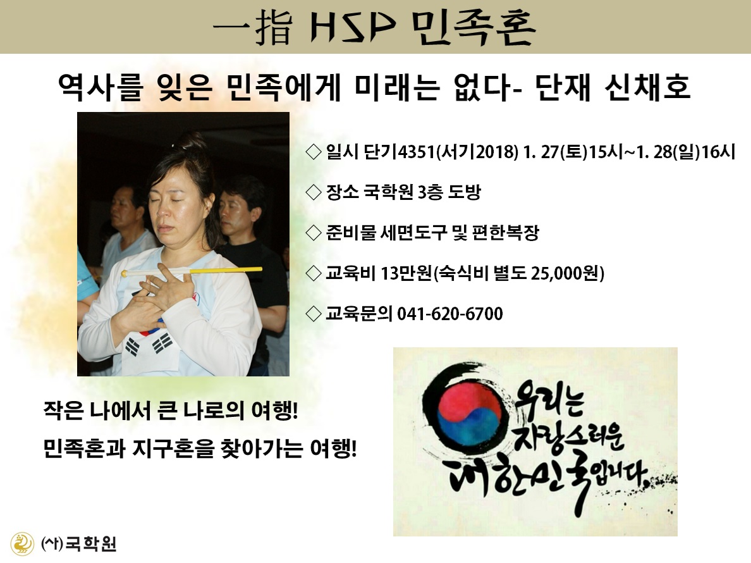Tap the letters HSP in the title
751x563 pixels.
[353, 27]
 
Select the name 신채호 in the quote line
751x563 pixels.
[647, 87]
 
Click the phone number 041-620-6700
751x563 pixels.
[450, 314]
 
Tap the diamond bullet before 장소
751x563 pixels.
[314, 192]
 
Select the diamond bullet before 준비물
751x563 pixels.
[314, 233]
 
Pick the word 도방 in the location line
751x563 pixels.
[464, 192]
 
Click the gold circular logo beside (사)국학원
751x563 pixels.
[22, 544]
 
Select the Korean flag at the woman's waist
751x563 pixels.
[149, 347]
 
